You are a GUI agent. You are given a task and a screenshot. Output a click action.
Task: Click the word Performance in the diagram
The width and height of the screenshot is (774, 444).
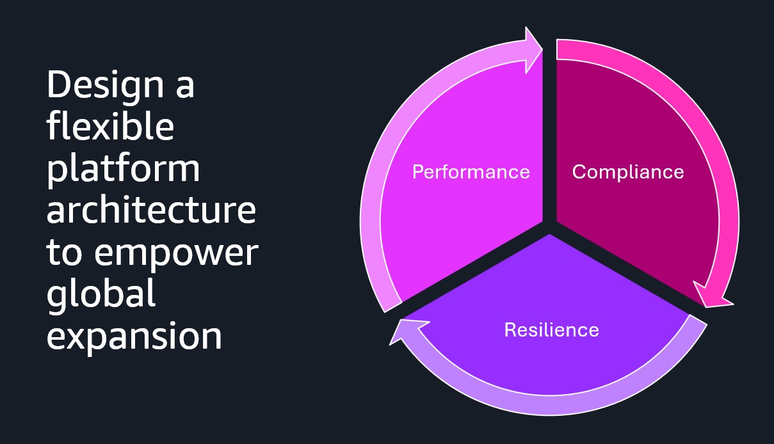click(471, 172)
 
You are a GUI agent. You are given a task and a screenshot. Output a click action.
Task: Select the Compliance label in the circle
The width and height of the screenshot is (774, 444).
click(627, 172)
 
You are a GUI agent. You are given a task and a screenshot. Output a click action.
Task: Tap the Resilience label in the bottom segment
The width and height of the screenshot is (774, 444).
click(551, 329)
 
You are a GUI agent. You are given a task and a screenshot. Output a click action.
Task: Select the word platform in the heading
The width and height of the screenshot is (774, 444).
click(123, 170)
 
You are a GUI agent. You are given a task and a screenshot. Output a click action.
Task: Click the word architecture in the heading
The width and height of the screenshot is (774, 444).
click(151, 210)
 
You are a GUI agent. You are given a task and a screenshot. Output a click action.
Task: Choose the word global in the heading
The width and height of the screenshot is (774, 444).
click(101, 295)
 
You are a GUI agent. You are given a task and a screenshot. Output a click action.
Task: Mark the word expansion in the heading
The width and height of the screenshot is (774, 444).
click(134, 336)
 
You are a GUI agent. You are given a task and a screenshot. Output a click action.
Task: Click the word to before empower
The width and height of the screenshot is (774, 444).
click(63, 253)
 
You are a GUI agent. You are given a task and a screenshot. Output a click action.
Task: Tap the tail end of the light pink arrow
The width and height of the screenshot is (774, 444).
click(392, 306)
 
